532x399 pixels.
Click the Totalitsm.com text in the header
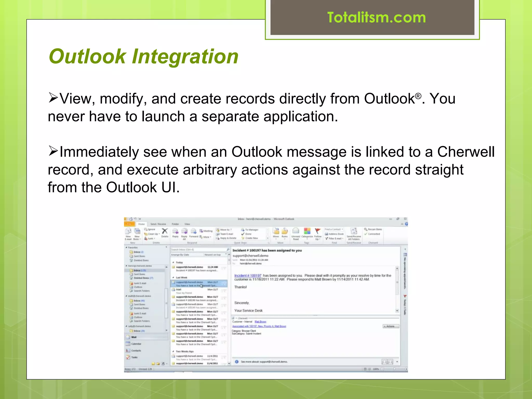376,18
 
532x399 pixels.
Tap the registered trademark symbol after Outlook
418,96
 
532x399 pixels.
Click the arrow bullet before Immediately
53,151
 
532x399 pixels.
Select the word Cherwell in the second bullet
466,152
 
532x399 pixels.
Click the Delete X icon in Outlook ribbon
165,231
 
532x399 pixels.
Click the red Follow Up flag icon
317,231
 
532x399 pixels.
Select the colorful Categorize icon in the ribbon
307,231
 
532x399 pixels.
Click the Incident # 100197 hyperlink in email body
248,275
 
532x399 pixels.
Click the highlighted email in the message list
199,284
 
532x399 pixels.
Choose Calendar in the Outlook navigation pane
136,344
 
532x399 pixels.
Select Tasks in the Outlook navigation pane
134,357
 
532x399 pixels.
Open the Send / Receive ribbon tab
158,224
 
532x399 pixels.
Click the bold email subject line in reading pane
267,250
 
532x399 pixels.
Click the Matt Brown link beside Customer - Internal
260,322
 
